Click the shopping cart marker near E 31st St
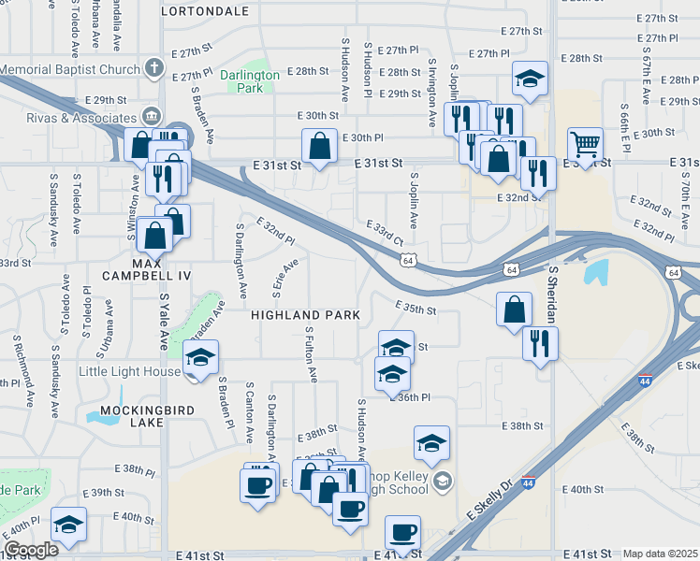585,145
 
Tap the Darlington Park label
250,81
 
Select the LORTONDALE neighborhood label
205,12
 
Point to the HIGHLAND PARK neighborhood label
305,316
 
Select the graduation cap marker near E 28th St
530,79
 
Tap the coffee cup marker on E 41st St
402,532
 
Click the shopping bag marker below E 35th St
514,309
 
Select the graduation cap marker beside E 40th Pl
68,524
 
